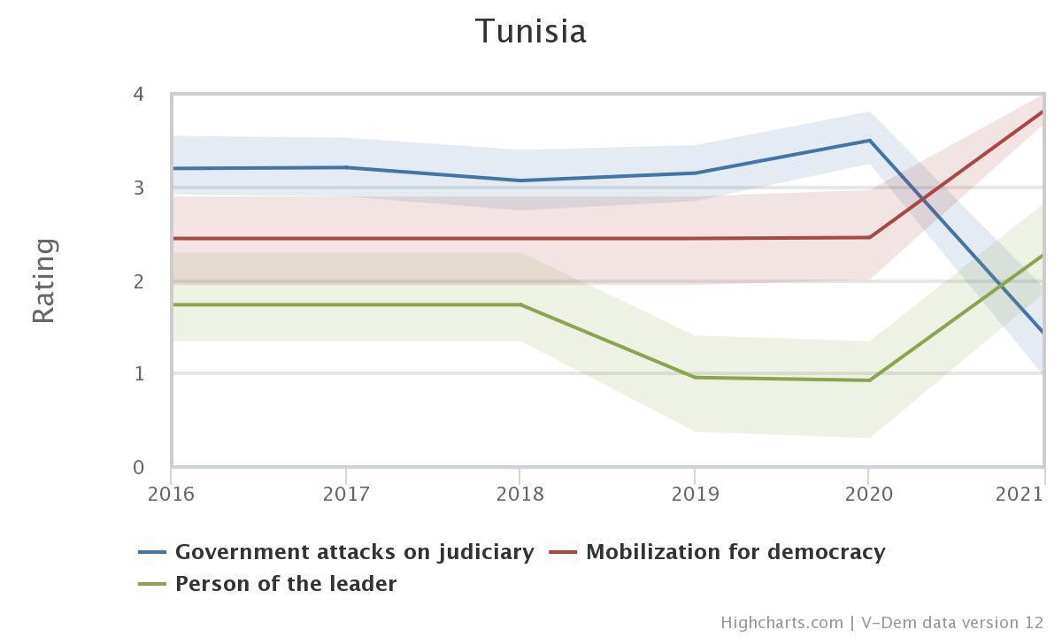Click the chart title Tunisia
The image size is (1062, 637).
(x=531, y=31)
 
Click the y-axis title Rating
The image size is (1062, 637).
(x=44, y=280)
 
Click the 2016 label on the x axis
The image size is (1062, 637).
(x=171, y=494)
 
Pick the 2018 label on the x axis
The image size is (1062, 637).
(x=519, y=494)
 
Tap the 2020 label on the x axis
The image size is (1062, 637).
(x=868, y=494)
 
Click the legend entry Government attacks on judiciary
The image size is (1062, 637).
(x=354, y=552)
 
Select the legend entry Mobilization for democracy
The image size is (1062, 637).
(x=735, y=552)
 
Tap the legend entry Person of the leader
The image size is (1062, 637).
(x=285, y=584)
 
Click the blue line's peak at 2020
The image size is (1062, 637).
(x=869, y=141)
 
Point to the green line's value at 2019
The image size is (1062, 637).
(x=695, y=378)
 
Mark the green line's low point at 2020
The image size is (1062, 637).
(x=869, y=380)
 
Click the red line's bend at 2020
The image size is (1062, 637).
(x=869, y=237)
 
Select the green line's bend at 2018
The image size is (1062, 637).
(x=520, y=304)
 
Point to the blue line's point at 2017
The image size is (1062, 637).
(x=345, y=167)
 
